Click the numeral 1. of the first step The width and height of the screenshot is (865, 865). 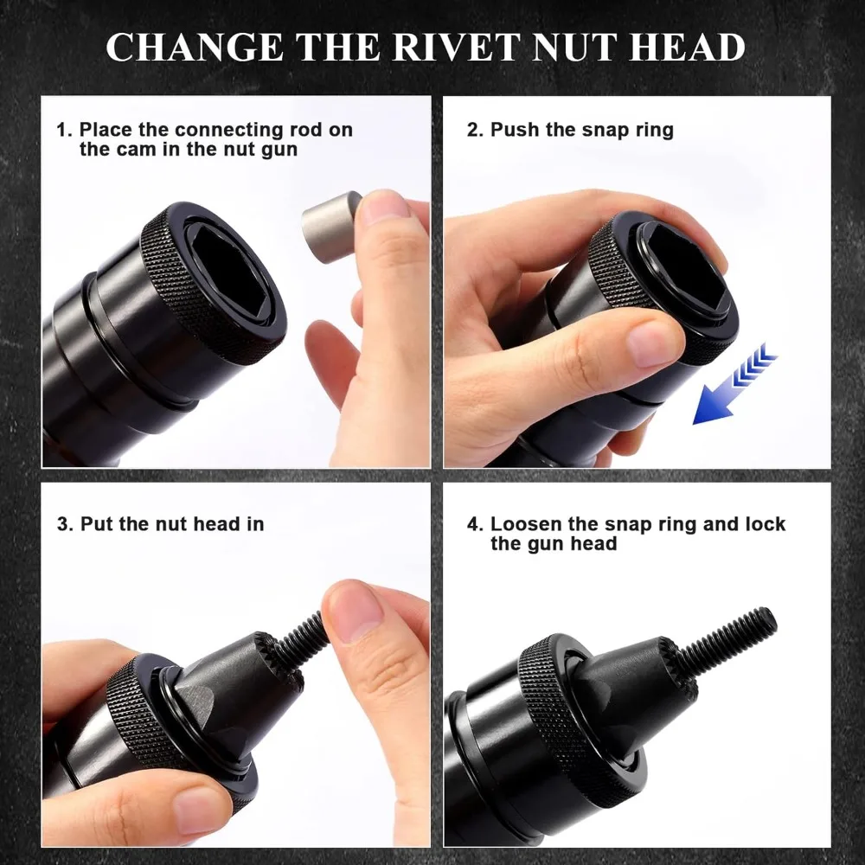(x=64, y=131)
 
